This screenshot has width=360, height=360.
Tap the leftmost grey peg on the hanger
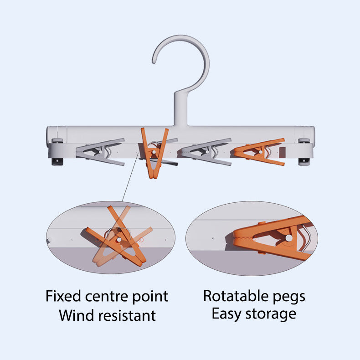tap(100, 152)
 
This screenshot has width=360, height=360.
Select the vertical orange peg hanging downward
tap(154, 153)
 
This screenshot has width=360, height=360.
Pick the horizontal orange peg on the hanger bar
tap(259, 152)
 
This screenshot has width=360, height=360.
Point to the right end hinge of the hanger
tap(305, 152)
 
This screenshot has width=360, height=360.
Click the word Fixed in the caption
tap(63, 296)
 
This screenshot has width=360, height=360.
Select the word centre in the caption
tap(106, 297)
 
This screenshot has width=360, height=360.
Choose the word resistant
tap(127, 315)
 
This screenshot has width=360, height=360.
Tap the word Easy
tap(226, 314)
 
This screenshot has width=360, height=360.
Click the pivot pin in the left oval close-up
tap(119, 240)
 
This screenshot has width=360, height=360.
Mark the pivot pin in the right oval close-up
tap(289, 238)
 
